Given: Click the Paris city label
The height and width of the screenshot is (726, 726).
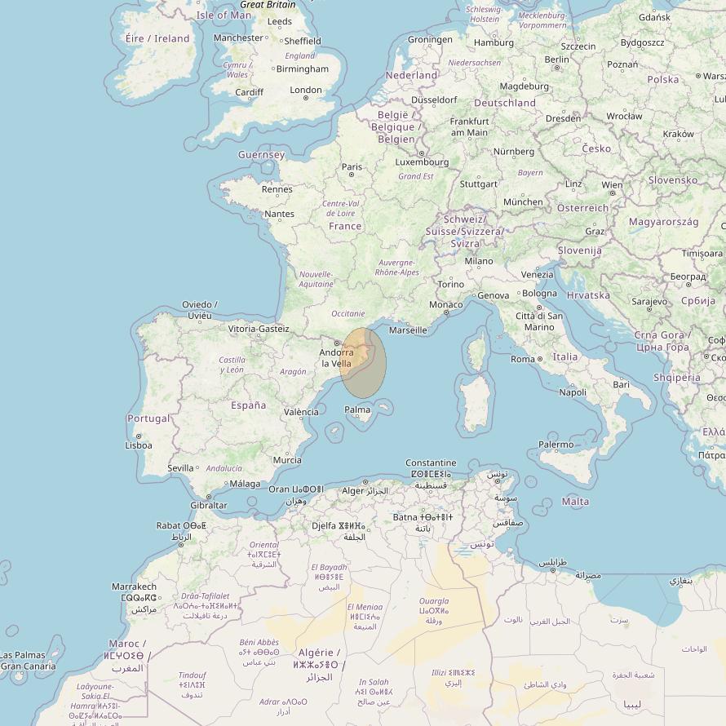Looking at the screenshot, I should (x=352, y=167).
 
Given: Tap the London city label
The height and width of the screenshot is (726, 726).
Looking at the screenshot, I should (x=306, y=91).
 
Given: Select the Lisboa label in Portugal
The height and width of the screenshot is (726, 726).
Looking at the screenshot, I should (x=138, y=445).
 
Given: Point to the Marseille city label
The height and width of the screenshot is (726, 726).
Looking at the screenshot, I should (x=408, y=330).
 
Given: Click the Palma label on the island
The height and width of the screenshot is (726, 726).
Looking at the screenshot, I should (x=357, y=409).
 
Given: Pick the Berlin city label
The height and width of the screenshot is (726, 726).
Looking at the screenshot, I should (x=556, y=60).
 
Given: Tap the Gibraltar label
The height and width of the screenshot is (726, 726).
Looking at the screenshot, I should (x=208, y=505).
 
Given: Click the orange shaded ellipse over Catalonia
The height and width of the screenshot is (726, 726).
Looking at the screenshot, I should (x=364, y=362).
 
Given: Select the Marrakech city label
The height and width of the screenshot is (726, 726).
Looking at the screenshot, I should (x=134, y=587).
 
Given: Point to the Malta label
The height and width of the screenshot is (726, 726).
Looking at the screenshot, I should (x=575, y=502).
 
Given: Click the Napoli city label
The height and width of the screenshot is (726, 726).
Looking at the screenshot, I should (x=573, y=392).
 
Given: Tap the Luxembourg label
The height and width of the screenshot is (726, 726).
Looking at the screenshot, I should (x=422, y=162).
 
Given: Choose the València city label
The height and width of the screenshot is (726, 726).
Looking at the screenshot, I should (x=301, y=412).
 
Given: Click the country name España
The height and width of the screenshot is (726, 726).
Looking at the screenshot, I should (x=248, y=405).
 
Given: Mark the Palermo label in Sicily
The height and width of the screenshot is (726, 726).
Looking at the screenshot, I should (x=556, y=445).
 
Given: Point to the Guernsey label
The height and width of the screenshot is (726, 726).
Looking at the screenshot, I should (x=261, y=155).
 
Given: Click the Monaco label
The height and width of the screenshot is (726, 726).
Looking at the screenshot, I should (x=445, y=305).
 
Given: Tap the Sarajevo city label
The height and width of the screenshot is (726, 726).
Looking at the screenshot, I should (x=649, y=302).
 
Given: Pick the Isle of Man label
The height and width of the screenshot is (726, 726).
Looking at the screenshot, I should (x=224, y=15).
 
